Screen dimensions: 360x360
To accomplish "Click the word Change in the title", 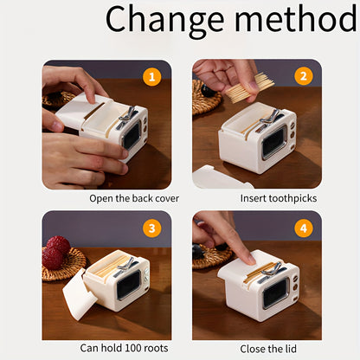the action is (x=165, y=20).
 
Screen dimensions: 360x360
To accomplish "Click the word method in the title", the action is (x=296, y=18).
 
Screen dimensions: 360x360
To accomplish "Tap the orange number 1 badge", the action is (x=151, y=76).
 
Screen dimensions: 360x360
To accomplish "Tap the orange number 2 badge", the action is (x=303, y=76).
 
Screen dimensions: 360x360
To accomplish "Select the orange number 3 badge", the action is (x=151, y=228).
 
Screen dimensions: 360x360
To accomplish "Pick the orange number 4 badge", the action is (x=304, y=228).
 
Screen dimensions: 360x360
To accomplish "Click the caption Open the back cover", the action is (x=134, y=198).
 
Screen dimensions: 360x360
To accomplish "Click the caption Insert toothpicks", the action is (x=279, y=198).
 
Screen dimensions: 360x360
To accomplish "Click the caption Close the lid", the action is (x=268, y=349).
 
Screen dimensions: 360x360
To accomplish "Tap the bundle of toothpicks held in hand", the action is (x=248, y=88).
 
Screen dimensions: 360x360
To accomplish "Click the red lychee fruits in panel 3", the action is (x=55, y=253).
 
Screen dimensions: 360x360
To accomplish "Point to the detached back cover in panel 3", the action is (x=79, y=294).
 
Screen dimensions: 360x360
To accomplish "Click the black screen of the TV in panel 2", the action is (x=273, y=143).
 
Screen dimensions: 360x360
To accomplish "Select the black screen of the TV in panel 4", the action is (x=274, y=293).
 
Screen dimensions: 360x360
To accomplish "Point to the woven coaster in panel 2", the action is (x=205, y=98).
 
